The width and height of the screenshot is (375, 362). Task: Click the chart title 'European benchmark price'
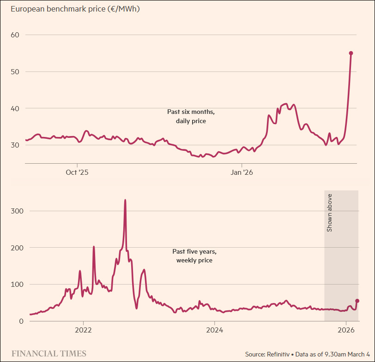pyautogui.click(x=72, y=9)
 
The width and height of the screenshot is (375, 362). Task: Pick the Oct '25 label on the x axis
pyautogui.click(x=77, y=172)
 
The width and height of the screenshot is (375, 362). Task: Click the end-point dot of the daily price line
pyautogui.click(x=351, y=53)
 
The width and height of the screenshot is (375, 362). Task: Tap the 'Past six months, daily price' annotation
pyautogui.click(x=191, y=116)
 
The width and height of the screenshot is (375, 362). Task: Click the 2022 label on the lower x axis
pyautogui.click(x=83, y=330)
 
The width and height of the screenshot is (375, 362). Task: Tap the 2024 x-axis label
pyautogui.click(x=215, y=330)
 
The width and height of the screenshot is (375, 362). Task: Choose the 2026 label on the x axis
pyautogui.click(x=346, y=330)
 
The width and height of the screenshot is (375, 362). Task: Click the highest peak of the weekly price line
pyautogui.click(x=125, y=200)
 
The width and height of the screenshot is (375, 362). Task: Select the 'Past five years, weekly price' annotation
pyautogui.click(x=194, y=256)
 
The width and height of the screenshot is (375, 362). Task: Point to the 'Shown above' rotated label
pyautogui.click(x=330, y=213)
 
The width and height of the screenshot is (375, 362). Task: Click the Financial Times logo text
pyautogui.click(x=48, y=354)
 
